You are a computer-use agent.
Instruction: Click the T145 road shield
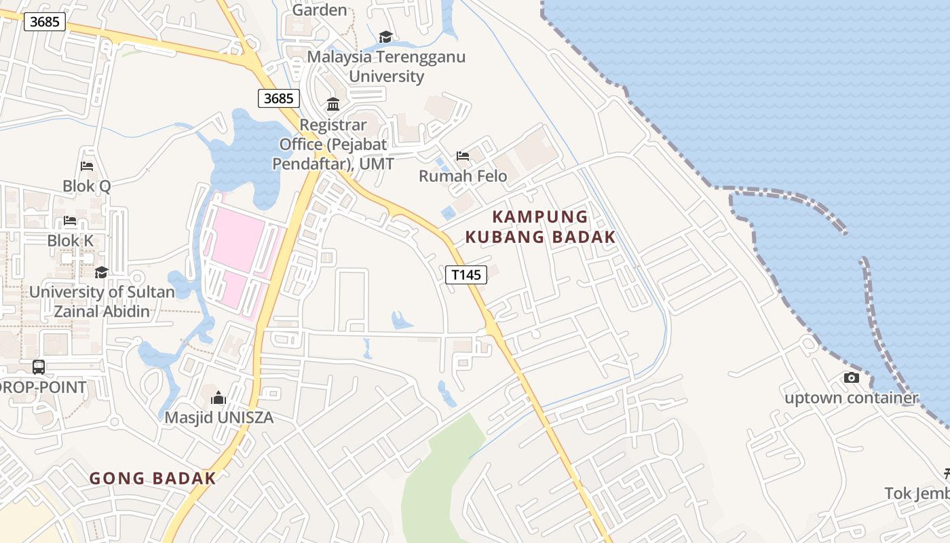coord(466,275)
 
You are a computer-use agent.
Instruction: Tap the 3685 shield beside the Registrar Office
coord(279,98)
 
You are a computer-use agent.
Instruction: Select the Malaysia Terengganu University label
coord(386,66)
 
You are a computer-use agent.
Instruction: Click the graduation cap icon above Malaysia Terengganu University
coord(385,37)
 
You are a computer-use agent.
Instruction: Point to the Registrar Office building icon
coord(333,105)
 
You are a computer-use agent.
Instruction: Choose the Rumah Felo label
coord(463,176)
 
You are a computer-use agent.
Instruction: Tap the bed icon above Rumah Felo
coord(463,156)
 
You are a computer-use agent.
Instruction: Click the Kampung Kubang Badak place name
coord(540,227)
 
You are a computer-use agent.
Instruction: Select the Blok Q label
coord(86,186)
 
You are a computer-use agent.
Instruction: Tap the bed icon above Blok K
coord(70,221)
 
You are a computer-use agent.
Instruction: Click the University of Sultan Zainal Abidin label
coord(102,302)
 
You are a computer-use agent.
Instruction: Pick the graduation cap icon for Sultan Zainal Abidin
coord(101,272)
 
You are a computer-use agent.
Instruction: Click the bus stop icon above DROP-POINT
coord(39,367)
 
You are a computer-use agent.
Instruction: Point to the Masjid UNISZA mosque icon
coord(218,398)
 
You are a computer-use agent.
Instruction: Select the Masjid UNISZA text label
coord(219,417)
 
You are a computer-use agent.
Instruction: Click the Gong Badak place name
coord(153,479)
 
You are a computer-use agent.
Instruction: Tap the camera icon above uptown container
coord(851,378)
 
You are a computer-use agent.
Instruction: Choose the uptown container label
coord(852,398)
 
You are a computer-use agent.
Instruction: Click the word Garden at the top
coord(320,10)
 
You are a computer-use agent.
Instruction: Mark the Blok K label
coord(70,241)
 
